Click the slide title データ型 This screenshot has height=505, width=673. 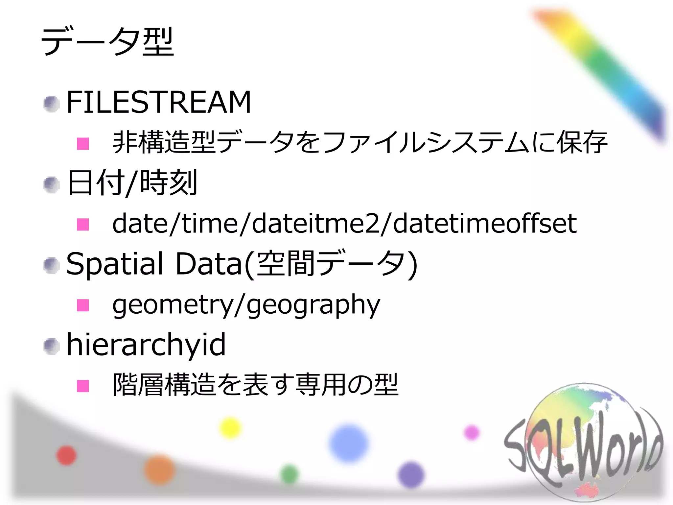click(x=107, y=42)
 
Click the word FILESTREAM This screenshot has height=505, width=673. click(x=159, y=102)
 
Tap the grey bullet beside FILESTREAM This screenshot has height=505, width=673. click(x=52, y=104)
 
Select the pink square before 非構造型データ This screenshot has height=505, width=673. click(x=83, y=143)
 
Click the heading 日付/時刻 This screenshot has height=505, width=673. click(x=132, y=182)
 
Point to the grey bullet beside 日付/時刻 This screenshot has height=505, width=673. click(x=52, y=184)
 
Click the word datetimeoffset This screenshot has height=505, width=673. click(x=485, y=224)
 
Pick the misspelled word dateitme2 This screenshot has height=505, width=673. click(x=316, y=224)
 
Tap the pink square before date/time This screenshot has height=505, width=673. click(x=83, y=225)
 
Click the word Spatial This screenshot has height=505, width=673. click(x=115, y=264)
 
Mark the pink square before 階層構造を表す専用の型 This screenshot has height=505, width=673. click(x=83, y=386)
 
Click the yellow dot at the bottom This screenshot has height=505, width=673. click(x=230, y=427)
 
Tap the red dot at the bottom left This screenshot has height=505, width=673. click(x=66, y=455)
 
